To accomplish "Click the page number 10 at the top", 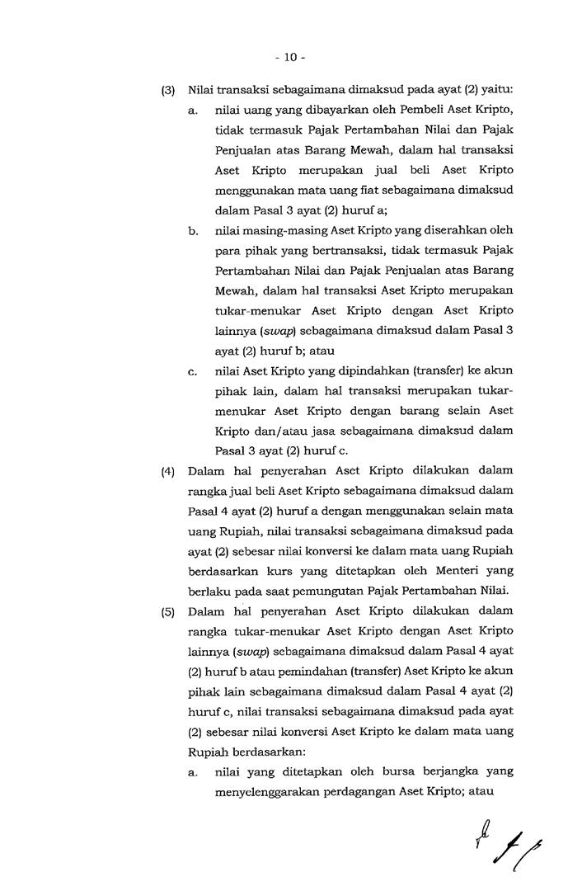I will click(x=290, y=57).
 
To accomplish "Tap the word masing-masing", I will click(x=274, y=230).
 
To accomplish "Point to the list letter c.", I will click(x=191, y=372).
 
